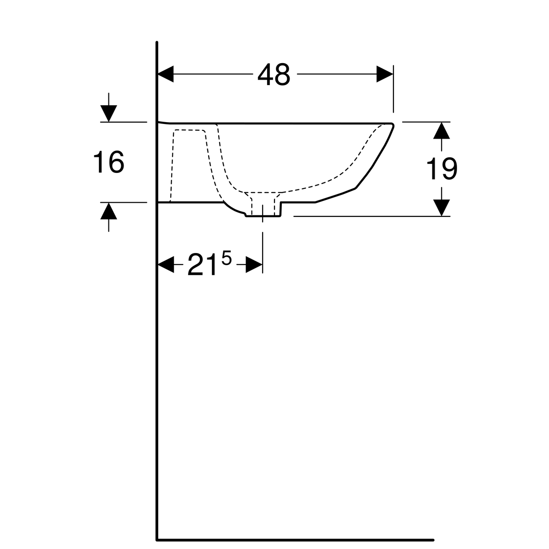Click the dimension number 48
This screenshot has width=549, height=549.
click(274, 74)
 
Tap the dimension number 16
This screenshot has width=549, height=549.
click(109, 162)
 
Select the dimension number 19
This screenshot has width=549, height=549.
click(441, 169)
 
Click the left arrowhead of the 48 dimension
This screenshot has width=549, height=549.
click(166, 74)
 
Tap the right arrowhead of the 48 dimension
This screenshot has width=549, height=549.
click(385, 74)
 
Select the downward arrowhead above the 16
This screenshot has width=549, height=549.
click(108, 113)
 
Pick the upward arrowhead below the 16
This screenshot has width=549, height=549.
click(108, 211)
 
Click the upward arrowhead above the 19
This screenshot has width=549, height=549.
click(441, 130)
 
